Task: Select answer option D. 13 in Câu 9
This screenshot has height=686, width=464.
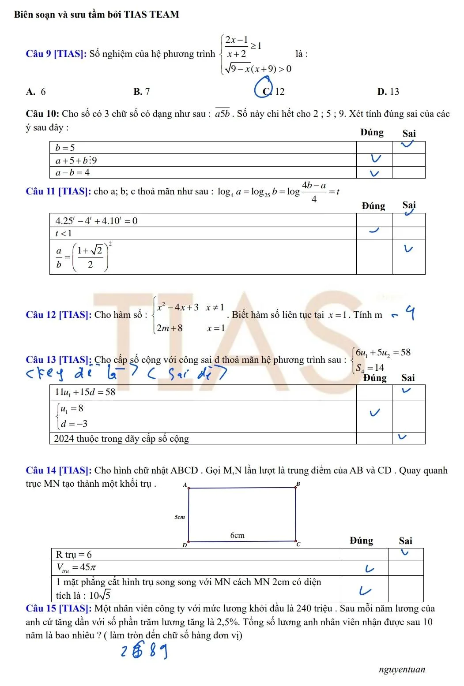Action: point(388,92)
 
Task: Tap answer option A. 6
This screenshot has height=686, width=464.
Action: point(36,92)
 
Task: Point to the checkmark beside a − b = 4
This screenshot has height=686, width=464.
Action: point(374,173)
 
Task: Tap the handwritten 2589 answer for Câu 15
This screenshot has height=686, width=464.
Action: point(144,652)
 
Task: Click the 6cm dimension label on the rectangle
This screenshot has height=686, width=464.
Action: point(237,535)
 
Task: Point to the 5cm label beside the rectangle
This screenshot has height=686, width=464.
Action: point(179,516)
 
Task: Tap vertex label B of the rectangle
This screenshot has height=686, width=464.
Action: point(298,484)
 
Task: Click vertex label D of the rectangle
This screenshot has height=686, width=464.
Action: point(185,545)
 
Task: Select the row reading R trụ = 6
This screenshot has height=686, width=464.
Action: point(74,554)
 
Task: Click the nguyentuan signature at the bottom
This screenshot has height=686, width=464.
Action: point(402,669)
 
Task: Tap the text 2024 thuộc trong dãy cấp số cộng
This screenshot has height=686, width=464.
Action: point(121,438)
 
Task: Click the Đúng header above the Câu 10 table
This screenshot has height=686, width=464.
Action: point(372,132)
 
